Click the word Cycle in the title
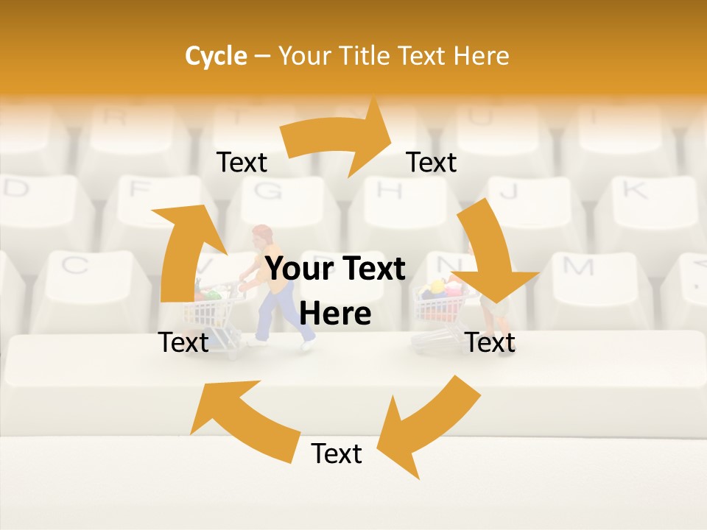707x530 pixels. tap(216, 56)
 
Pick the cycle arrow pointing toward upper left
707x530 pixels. tap(236, 420)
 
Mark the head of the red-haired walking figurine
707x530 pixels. tap(261, 237)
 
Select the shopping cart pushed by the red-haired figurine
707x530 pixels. tap(214, 309)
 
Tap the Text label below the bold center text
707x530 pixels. tap(337, 454)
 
